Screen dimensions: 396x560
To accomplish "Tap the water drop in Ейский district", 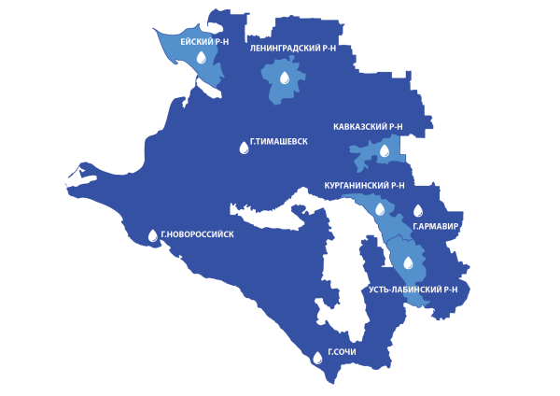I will [201, 58].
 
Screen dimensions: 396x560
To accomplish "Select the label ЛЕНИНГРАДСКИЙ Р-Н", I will [293, 47].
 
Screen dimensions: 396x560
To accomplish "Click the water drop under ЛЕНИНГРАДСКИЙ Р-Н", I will [285, 78].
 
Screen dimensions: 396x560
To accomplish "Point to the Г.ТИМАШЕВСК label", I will [279, 142].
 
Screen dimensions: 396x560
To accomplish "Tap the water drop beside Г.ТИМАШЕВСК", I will [244, 148].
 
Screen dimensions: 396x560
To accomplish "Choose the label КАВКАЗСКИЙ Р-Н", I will [368, 126].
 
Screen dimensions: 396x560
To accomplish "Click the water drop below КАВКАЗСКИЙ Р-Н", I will [384, 150].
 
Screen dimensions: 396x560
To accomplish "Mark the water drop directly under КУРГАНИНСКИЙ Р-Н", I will [380, 209].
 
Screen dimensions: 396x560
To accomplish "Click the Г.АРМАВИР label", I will [436, 227].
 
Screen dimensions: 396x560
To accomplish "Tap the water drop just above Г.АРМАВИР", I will [418, 211].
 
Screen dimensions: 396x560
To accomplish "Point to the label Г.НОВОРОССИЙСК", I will [197, 234].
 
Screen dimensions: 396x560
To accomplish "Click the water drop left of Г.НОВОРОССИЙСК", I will [153, 235].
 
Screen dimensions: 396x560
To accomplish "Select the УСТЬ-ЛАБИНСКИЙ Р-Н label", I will [413, 290].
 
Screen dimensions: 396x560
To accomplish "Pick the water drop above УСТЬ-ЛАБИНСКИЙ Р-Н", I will [408, 262].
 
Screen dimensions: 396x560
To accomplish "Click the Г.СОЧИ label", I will [341, 352].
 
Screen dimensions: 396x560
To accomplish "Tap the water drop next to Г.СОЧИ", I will [317, 357].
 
